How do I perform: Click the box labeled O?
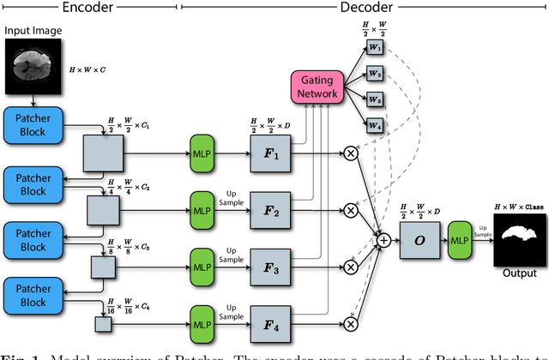click(x=420, y=242)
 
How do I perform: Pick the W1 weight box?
click(x=376, y=46)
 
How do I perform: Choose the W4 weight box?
click(x=376, y=124)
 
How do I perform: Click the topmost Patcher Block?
click(x=33, y=126)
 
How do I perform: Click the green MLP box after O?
click(x=460, y=243)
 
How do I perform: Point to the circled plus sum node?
click(x=383, y=242)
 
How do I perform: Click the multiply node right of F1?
click(x=350, y=154)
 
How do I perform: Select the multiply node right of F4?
click(x=350, y=324)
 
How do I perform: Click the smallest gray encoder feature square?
click(x=103, y=324)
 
